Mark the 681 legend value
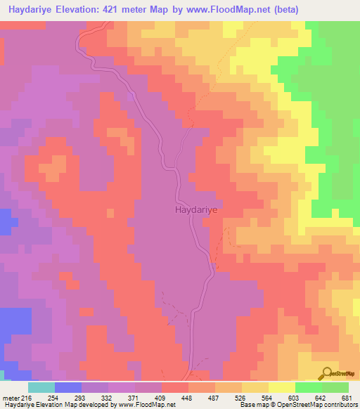[x=347, y=398]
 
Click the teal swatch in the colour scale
[x=41, y=387]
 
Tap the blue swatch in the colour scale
[x=68, y=387]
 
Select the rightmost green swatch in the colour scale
[x=335, y=387]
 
